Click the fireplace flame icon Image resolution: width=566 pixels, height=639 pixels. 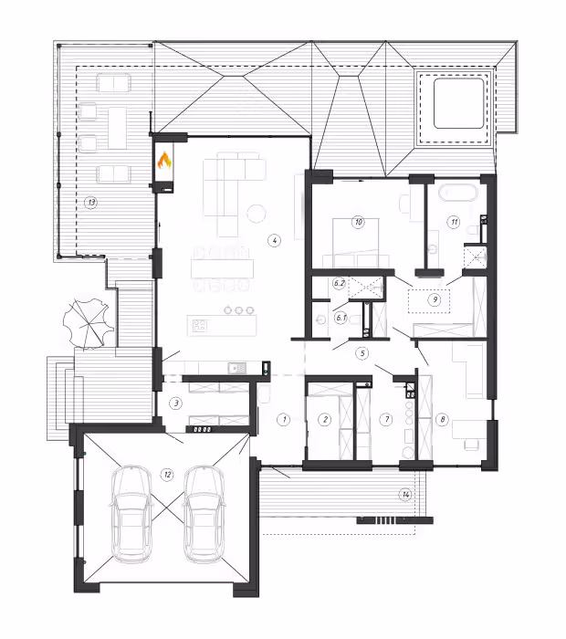pos(164,161)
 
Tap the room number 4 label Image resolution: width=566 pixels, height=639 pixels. pos(274,240)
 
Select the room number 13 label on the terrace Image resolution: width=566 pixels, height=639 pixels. pos(91,202)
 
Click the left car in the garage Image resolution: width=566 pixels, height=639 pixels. pos(131,514)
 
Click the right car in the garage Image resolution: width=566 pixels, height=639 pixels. pos(204,514)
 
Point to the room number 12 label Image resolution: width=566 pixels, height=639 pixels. pos(167,475)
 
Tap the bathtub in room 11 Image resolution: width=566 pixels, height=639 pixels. pos(458,193)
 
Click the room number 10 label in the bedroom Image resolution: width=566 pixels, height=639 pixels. pos(358,222)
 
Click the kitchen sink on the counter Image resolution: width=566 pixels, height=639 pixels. pos(237,368)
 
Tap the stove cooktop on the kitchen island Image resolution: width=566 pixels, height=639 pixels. pos(200,325)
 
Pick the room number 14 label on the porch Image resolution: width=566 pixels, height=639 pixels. pos(406,495)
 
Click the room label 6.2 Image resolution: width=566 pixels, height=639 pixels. pos(340,283)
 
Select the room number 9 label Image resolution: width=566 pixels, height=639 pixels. pos(435,299)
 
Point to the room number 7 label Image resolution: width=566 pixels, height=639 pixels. pos(386,419)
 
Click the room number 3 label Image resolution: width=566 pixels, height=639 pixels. pos(176,403)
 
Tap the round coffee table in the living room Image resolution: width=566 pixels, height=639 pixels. pos(257,213)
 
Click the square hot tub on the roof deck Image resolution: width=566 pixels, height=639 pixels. pos(458,103)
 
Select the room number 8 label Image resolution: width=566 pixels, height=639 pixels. pos(442,419)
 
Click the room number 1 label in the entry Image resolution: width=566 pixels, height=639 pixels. pos(284,419)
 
